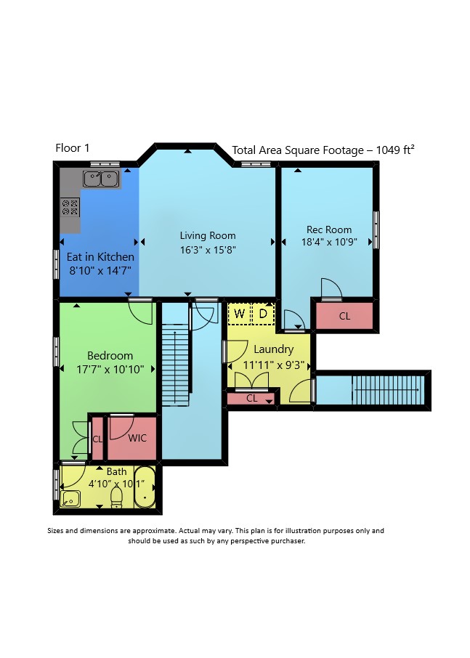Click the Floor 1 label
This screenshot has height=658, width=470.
[x=72, y=148]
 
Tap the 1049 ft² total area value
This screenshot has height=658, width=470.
[x=395, y=150]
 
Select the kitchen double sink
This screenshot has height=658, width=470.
[x=101, y=179]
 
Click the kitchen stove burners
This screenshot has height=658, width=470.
[x=70, y=207]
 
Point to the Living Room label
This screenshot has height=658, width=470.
[x=208, y=235]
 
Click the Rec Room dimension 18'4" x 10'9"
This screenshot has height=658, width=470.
[x=329, y=242]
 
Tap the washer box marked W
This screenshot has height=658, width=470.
[x=239, y=314]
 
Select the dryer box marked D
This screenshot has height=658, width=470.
[x=263, y=314]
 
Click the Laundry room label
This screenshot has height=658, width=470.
[x=274, y=349]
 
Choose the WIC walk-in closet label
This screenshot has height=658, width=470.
[x=137, y=438]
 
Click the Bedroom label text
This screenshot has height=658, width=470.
[x=110, y=356]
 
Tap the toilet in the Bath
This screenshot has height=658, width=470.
[x=116, y=497]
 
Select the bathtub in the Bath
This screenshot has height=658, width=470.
[x=145, y=487]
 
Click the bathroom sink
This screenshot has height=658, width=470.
[x=70, y=499]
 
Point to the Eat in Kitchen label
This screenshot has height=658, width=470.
[x=101, y=257]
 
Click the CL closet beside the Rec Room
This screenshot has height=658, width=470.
[x=344, y=316]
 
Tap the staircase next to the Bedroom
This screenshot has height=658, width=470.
[x=175, y=365]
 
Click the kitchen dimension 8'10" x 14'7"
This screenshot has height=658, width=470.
[x=100, y=271]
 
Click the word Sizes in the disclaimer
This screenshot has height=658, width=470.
[x=55, y=531]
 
